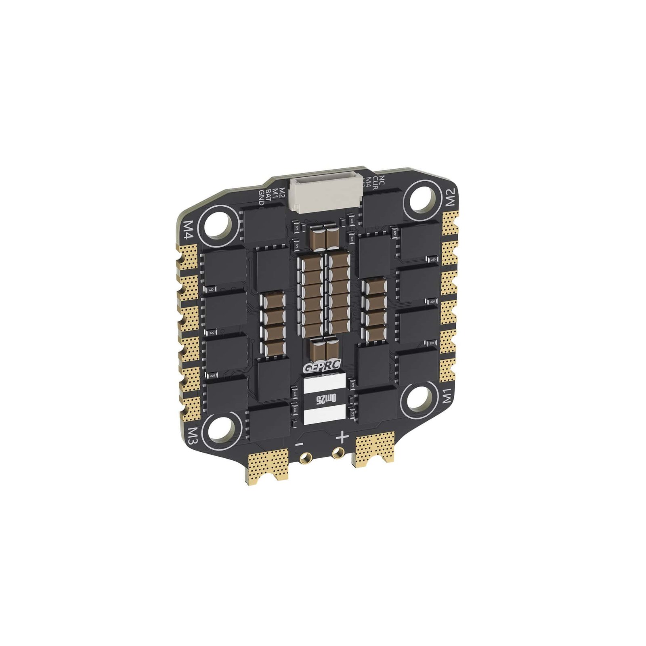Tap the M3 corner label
tap(192, 436)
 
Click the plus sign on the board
tap(342, 436)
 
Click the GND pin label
tap(261, 198)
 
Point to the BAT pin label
tap(268, 195)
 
